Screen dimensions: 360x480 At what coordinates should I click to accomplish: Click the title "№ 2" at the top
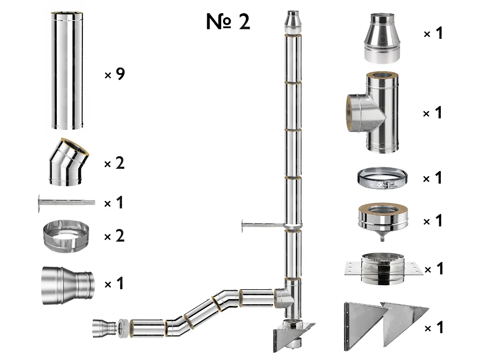(x=228, y=22)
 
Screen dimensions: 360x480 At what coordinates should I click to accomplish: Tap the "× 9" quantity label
(x=114, y=74)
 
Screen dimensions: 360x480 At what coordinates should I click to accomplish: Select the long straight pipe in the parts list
(x=67, y=71)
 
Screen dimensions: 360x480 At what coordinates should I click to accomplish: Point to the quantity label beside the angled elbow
(x=114, y=164)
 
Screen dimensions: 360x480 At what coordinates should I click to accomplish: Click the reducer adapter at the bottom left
(x=67, y=285)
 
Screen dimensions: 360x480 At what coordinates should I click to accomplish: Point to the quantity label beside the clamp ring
(x=433, y=178)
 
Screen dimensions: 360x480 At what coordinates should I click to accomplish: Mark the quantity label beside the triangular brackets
(x=433, y=328)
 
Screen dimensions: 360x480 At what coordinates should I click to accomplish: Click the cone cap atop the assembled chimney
(x=292, y=23)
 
